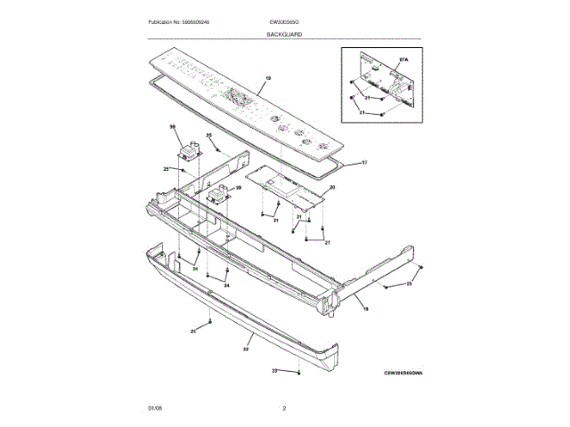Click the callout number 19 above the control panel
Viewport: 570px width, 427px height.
point(267,79)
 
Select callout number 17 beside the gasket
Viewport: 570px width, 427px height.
point(363,163)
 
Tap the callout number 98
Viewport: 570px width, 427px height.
point(174,128)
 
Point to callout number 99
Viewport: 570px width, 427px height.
point(238,188)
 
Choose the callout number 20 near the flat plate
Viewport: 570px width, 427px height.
point(331,188)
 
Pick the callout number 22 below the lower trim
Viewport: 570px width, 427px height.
point(245,350)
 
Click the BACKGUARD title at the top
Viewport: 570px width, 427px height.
point(284,33)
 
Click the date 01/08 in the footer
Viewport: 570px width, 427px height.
point(155,407)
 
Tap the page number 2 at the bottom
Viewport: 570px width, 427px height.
point(284,407)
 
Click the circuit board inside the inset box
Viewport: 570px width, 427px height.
point(380,82)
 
